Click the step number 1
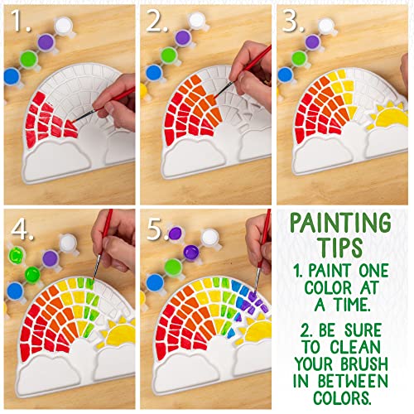tap(21, 20)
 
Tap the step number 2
tap(156, 20)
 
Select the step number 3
tap(292, 20)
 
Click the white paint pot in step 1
tap(64, 26)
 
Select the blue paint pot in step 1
tap(12, 76)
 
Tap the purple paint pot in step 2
tap(183, 38)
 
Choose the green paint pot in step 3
tap(300, 59)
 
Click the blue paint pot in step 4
tap(15, 291)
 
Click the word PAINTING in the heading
tap(341, 224)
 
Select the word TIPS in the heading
tap(342, 247)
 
